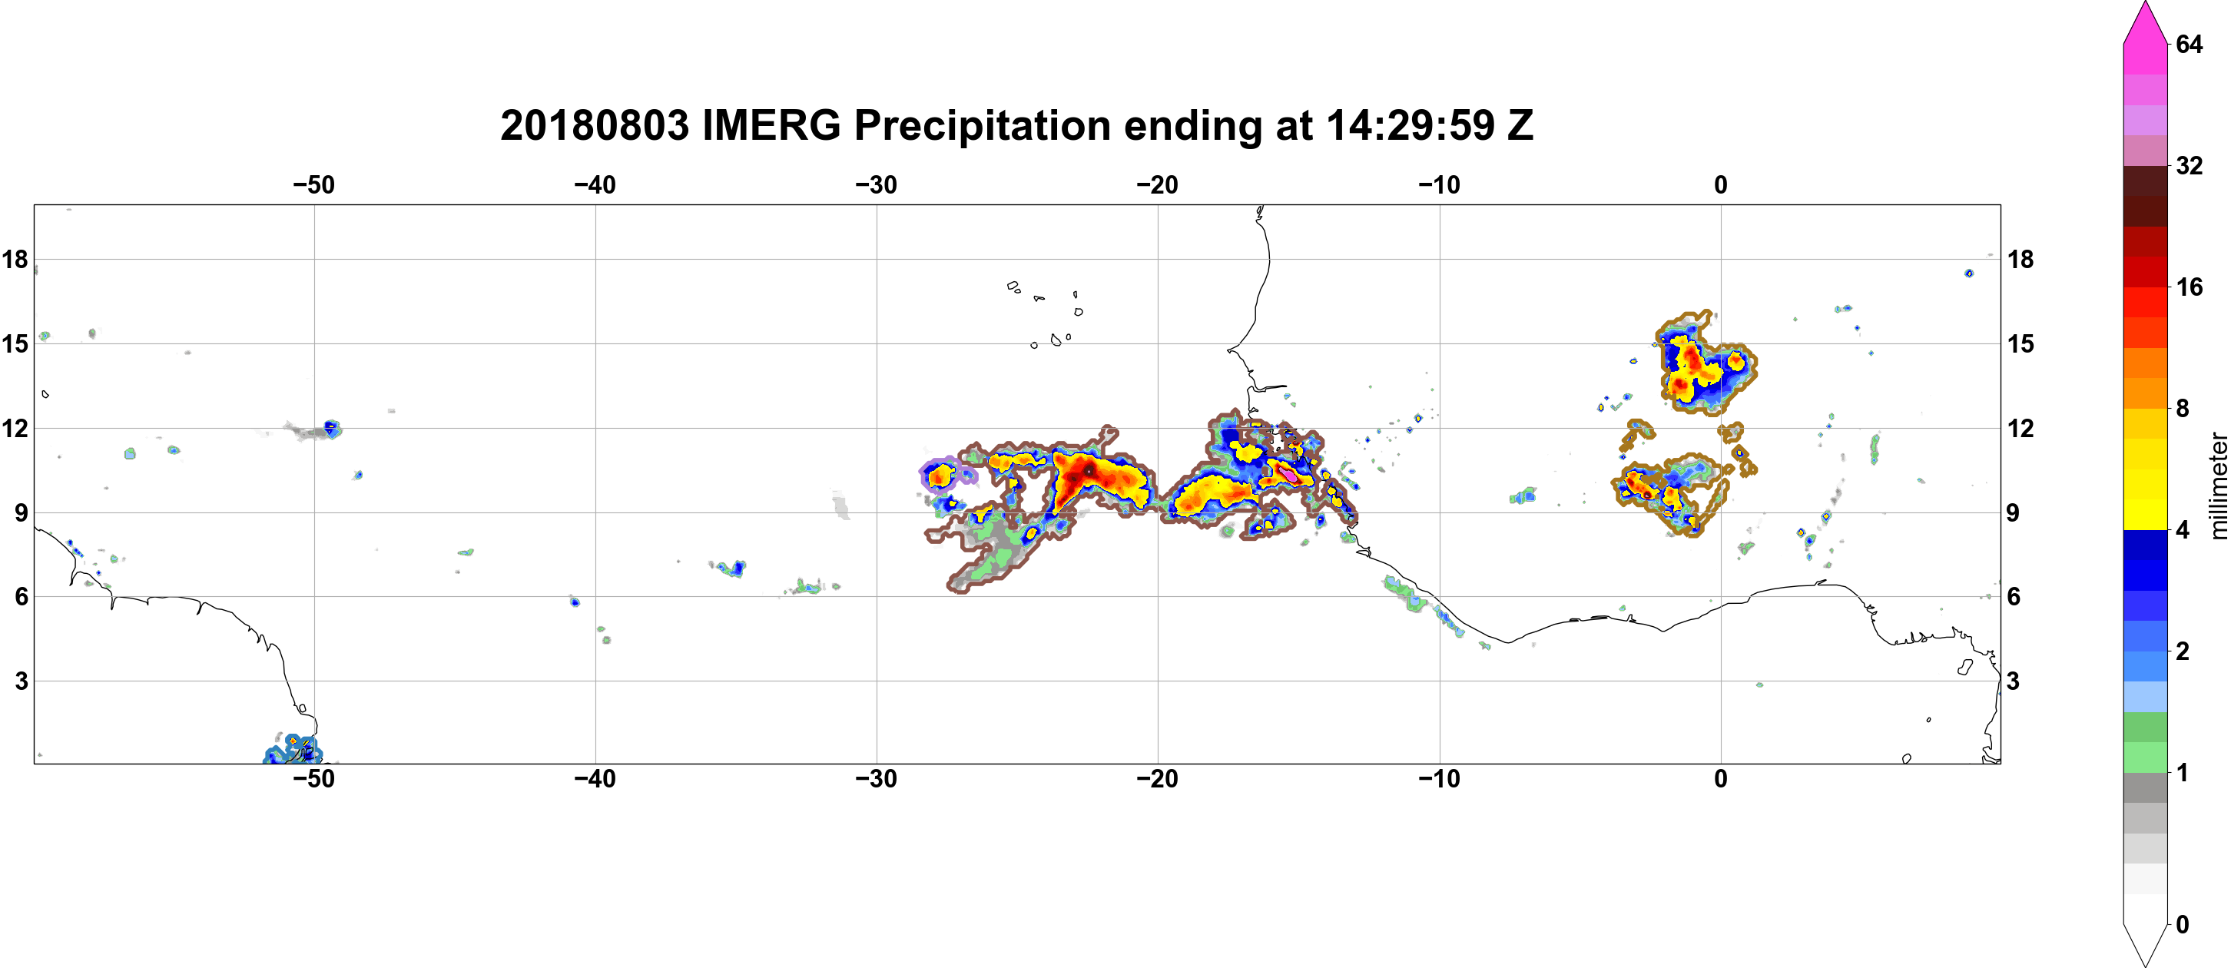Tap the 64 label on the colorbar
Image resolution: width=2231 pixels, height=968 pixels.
[x=2189, y=44]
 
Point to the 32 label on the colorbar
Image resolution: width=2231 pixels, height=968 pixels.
[x=2189, y=165]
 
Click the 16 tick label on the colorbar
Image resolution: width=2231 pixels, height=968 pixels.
[x=2189, y=287]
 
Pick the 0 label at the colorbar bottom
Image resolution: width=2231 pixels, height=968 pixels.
[x=2183, y=925]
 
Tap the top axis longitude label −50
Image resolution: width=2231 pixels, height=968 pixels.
[x=313, y=185]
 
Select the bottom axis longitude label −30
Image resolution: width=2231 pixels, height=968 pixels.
[x=877, y=779]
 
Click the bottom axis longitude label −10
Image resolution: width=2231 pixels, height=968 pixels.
[x=1440, y=779]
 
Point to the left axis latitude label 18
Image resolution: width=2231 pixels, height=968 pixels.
[x=15, y=259]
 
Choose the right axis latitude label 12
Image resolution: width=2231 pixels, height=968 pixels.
[x=2020, y=428]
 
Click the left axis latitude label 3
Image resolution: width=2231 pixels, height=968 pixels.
[x=21, y=681]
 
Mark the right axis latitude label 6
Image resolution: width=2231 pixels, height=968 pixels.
[x=2014, y=597]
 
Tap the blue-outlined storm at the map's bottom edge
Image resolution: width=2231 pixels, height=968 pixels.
[x=293, y=750]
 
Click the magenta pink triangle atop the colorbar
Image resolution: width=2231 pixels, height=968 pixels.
[x=2144, y=22]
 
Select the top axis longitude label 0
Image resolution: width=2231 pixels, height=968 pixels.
[x=1721, y=185]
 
